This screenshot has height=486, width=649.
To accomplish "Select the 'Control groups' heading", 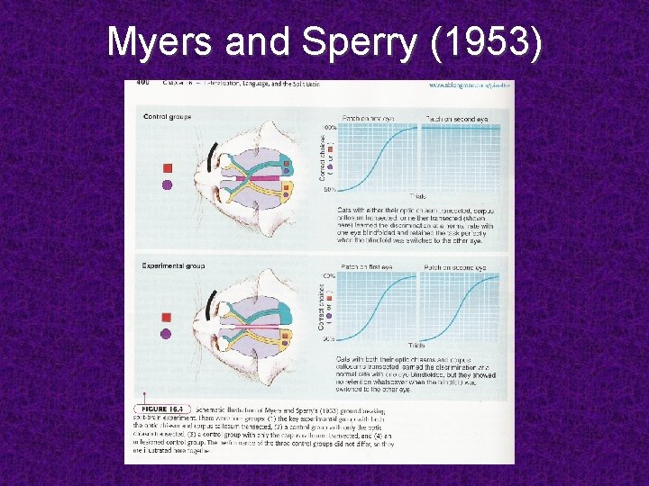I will pyautogui.click(x=168, y=116).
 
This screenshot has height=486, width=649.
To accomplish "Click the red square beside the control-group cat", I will pyautogui.click(x=167, y=168).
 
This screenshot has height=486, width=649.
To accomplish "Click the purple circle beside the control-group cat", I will pyautogui.click(x=167, y=185).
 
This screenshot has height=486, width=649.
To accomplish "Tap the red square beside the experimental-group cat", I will pyautogui.click(x=166, y=317).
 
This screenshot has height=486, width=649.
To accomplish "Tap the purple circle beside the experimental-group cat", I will pyautogui.click(x=166, y=334).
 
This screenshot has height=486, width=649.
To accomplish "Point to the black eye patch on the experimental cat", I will pyautogui.click(x=214, y=307).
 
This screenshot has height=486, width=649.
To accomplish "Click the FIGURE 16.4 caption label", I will pyautogui.click(x=160, y=409).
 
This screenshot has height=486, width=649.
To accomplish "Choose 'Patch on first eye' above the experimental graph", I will pyautogui.click(x=370, y=267).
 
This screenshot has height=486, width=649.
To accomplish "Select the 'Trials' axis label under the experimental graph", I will pyautogui.click(x=416, y=345).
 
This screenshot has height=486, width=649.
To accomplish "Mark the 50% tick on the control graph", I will pyautogui.click(x=330, y=190).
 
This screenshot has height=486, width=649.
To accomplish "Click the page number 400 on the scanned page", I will pyautogui.click(x=142, y=84).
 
